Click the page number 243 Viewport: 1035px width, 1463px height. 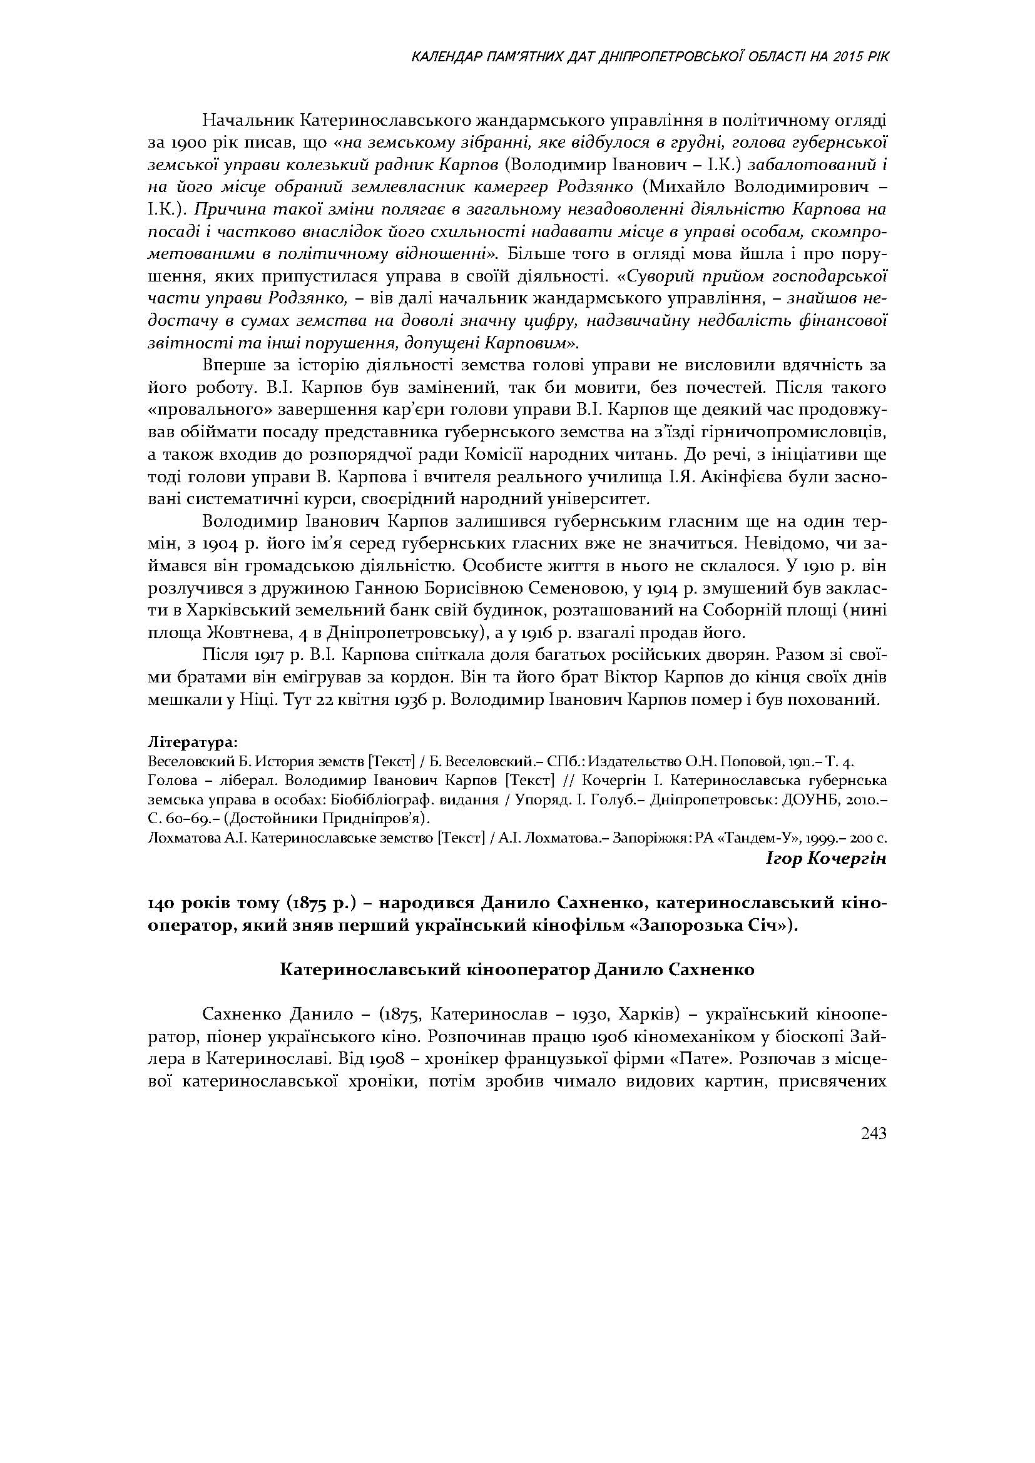pyautogui.click(x=874, y=1133)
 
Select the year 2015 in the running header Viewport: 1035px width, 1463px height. pyautogui.click(x=844, y=58)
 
